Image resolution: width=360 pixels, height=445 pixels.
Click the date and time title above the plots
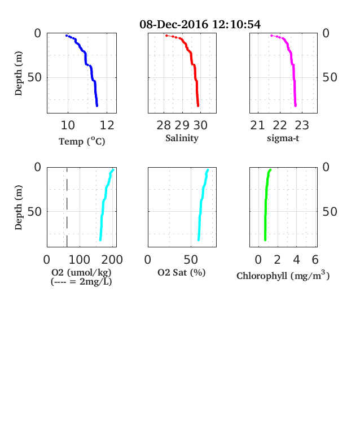coord(200,24)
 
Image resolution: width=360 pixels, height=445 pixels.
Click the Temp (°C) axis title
coord(82,141)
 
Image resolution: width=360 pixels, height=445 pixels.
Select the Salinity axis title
coord(182,138)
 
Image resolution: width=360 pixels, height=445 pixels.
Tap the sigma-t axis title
coord(283,138)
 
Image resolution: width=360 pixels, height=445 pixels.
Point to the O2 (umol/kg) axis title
coord(81,272)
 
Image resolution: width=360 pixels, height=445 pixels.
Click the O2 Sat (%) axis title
coord(182,272)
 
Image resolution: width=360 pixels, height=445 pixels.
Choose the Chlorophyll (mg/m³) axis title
coord(283,275)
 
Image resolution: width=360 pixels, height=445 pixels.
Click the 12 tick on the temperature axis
coord(107,125)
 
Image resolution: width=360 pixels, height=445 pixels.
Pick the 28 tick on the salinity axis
coord(164,125)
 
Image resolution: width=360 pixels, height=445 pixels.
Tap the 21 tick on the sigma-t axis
coord(257,125)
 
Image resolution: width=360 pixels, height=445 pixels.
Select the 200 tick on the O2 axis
coord(112,259)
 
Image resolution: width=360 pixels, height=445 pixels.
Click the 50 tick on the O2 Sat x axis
coord(191,259)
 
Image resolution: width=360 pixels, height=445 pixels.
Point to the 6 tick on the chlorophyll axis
coord(315,259)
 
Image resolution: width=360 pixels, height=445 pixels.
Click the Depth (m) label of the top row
coord(18,73)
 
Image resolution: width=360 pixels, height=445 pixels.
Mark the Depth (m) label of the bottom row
coord(18,207)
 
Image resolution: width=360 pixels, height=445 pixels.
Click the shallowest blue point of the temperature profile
coord(67,36)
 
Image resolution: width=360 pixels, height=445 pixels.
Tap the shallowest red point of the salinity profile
coord(166,36)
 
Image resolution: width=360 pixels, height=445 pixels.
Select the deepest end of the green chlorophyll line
coord(265,240)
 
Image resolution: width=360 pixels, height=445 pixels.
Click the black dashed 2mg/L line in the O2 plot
coord(67,207)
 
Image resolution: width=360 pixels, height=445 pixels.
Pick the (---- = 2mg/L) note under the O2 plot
coord(81,282)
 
